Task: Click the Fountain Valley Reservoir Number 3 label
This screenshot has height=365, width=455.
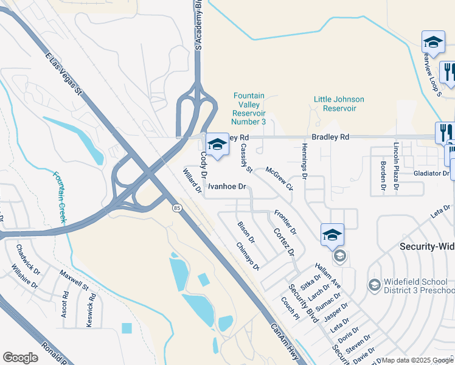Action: (249, 109)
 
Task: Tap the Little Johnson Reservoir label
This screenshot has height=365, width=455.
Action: (339, 103)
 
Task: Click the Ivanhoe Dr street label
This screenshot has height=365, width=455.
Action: (227, 187)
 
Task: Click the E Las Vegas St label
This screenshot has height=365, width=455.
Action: (63, 73)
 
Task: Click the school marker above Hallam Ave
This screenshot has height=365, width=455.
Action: (333, 235)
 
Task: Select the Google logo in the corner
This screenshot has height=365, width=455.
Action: (20, 357)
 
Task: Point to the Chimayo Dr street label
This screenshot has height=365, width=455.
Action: (248, 256)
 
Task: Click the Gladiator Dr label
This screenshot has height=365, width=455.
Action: (429, 173)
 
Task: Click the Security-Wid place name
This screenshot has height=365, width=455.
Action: (426, 246)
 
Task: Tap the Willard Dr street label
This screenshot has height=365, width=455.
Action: (192, 181)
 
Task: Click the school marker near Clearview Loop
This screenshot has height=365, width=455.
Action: (433, 43)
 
